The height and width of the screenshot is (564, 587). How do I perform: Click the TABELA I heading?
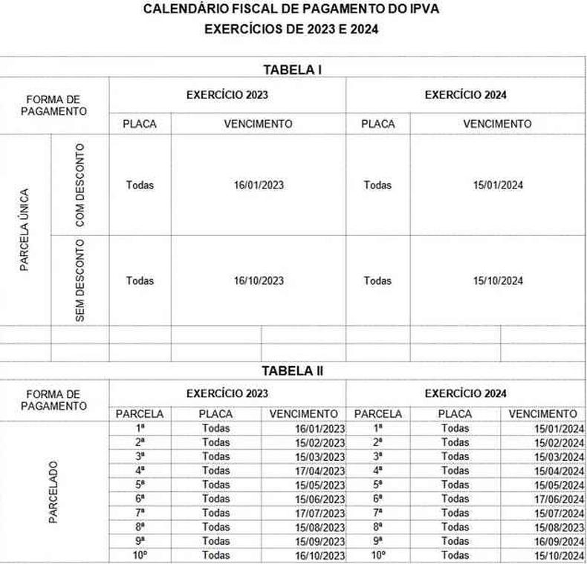tap(292, 70)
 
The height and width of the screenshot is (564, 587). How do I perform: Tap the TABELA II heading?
tap(292, 370)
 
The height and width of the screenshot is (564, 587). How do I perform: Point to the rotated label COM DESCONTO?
tap(80, 186)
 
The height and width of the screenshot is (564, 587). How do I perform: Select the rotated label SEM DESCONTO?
tap(80, 281)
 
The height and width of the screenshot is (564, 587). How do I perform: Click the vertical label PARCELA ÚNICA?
tap(25, 230)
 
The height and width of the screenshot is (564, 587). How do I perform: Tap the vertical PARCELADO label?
tap(53, 492)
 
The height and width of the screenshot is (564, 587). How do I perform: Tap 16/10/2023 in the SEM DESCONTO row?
tap(259, 281)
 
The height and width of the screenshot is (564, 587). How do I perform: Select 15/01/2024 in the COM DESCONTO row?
tap(498, 186)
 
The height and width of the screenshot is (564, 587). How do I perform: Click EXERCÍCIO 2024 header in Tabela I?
tap(466, 95)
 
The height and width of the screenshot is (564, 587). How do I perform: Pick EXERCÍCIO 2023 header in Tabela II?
tap(227, 393)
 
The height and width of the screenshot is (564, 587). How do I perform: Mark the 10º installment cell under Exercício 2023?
tap(140, 555)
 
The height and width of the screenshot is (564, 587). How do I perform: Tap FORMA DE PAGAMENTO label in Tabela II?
tap(53, 400)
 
